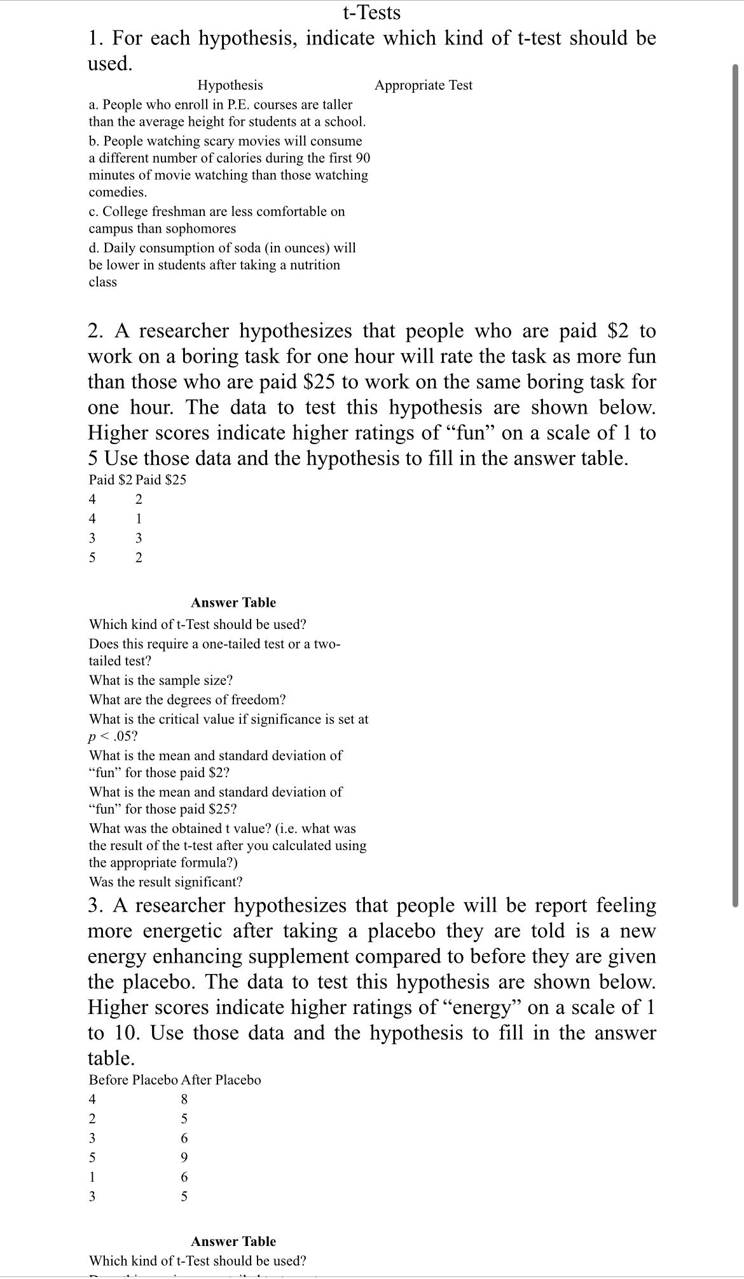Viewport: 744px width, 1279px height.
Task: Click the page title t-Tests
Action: [371, 12]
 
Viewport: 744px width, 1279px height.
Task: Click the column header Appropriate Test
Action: [423, 85]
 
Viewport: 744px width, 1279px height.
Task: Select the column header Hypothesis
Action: [230, 85]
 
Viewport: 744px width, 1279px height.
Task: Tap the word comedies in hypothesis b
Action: [117, 192]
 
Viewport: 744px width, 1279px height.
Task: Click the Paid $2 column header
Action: [110, 480]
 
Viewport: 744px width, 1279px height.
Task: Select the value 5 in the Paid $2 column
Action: [92, 558]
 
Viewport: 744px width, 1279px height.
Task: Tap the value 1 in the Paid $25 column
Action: [139, 518]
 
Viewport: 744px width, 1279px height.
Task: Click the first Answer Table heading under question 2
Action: [233, 602]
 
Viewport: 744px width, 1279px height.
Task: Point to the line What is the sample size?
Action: [161, 680]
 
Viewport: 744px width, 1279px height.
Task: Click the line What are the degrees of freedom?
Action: [187, 700]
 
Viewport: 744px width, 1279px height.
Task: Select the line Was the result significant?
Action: [165, 882]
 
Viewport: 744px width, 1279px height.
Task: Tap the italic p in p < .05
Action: [93, 737]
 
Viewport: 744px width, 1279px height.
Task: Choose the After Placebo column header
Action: [221, 1080]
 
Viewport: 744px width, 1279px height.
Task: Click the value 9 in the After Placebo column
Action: [184, 1157]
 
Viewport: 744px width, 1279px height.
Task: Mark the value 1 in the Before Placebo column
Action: [92, 1177]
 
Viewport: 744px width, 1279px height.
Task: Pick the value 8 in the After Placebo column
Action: [184, 1099]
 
